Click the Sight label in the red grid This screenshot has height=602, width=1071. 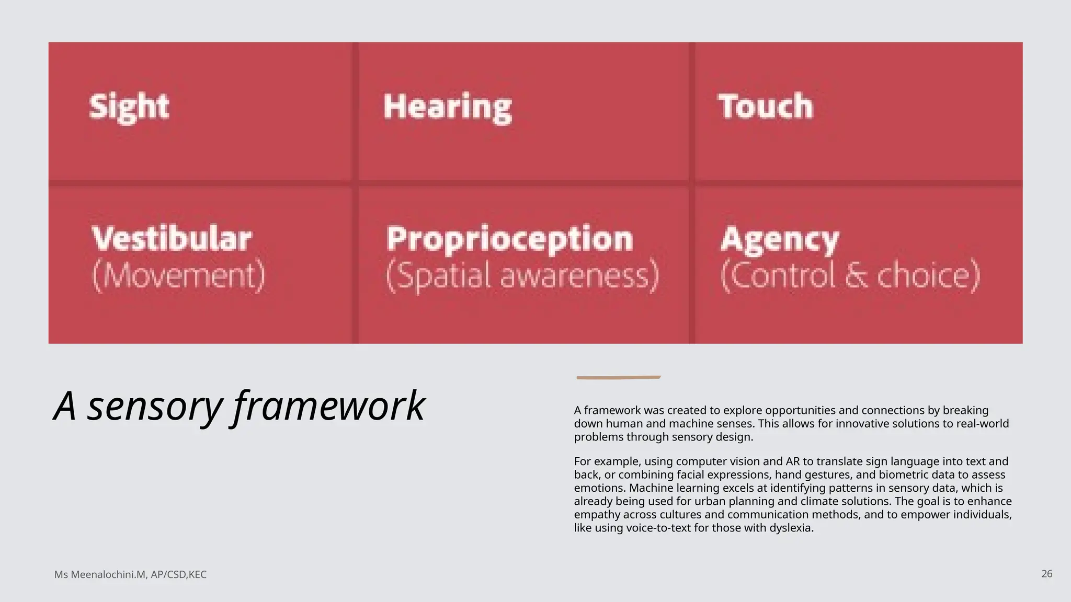point(129,107)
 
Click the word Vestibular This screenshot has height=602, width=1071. point(172,239)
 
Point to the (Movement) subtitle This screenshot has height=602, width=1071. point(179,275)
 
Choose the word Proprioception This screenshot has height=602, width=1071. point(509,239)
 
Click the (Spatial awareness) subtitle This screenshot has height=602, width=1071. point(522,275)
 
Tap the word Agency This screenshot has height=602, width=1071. point(780,240)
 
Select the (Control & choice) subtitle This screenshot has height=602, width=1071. point(850,275)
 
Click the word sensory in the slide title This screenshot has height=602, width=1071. point(155,406)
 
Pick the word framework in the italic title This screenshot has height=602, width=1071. point(328,406)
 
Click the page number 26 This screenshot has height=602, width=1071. point(1046,574)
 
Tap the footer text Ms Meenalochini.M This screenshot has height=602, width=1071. point(100,575)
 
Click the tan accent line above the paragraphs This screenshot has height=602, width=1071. point(619,377)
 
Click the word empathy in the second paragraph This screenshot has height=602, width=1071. point(597,515)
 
